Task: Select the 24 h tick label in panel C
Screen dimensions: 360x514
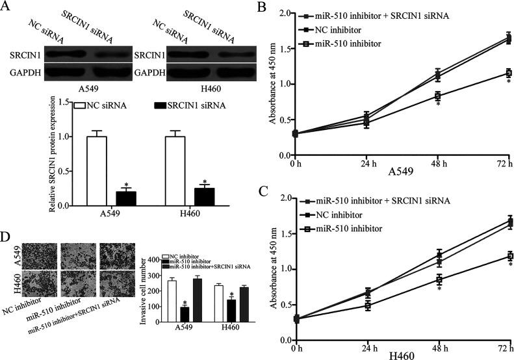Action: (368, 349)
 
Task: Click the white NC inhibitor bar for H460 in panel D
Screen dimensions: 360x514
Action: (219, 302)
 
